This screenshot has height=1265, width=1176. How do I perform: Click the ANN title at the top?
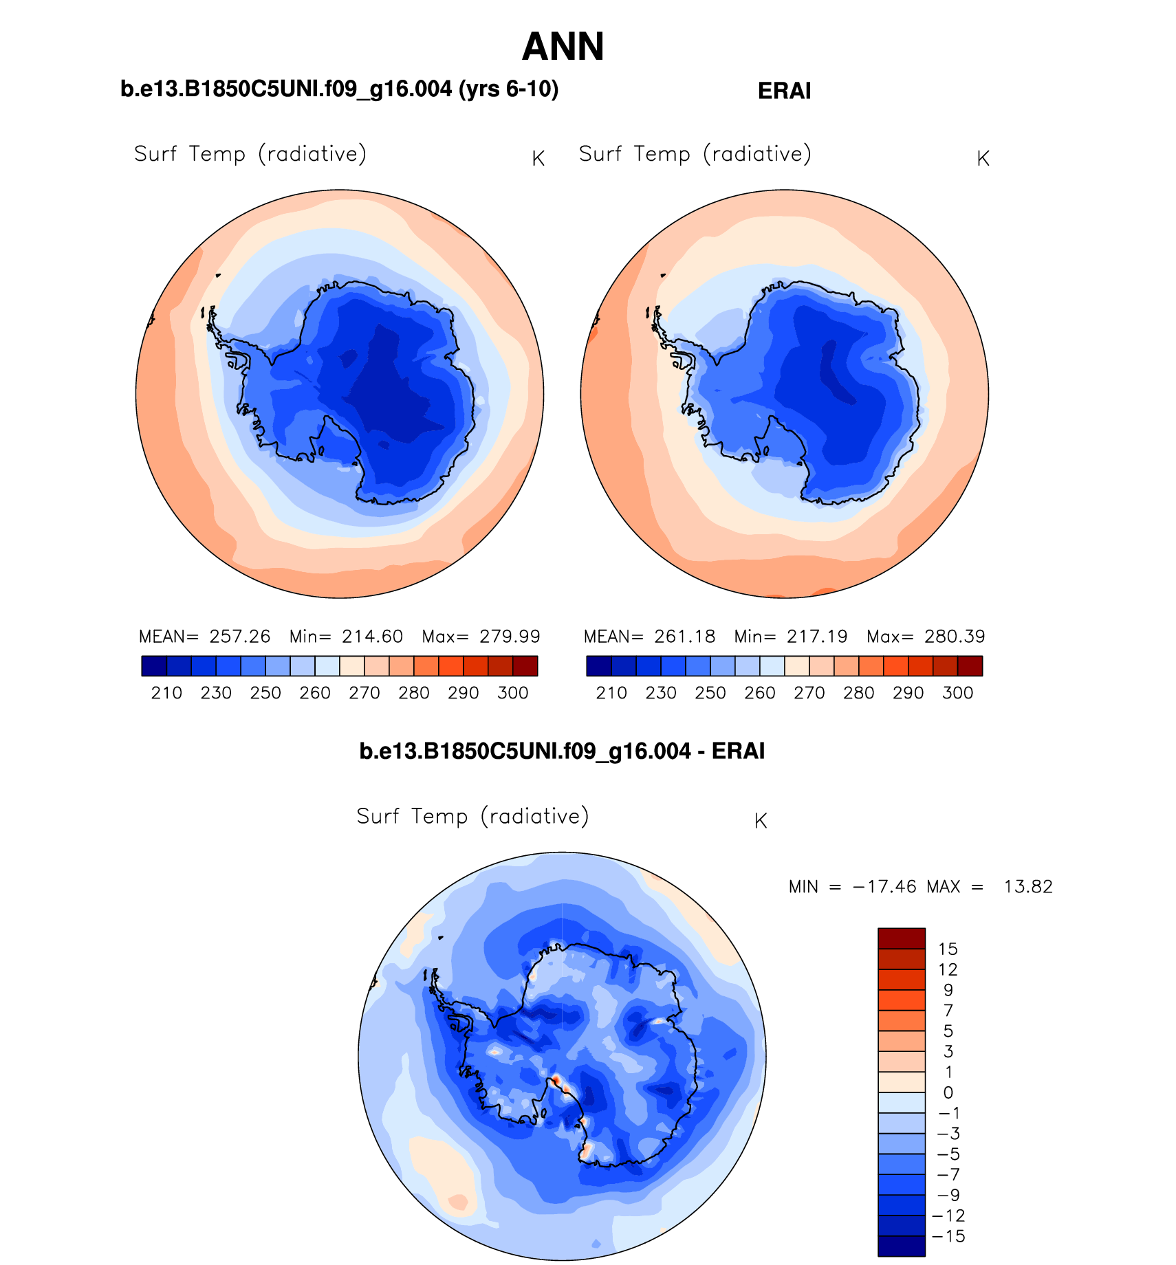click(563, 47)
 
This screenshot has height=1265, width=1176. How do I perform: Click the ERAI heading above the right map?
click(784, 91)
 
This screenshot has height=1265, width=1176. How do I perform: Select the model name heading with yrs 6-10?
click(339, 89)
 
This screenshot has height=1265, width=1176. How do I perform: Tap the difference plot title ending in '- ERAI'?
click(562, 751)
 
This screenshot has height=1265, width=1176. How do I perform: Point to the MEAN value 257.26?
click(240, 637)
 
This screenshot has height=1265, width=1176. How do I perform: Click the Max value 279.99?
click(510, 637)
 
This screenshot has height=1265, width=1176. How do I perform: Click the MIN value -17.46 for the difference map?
click(884, 887)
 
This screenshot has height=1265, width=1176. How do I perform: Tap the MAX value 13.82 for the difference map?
click(1028, 887)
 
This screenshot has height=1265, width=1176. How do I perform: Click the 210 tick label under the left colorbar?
click(166, 693)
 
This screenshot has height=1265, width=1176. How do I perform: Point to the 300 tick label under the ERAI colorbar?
click(957, 693)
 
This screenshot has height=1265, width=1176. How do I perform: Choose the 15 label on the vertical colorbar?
click(948, 949)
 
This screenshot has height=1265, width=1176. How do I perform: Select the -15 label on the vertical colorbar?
click(948, 1236)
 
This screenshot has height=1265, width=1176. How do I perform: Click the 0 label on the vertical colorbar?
click(948, 1093)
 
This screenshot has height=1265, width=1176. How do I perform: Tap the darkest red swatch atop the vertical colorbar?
click(901, 938)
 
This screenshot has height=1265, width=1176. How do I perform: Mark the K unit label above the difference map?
click(761, 821)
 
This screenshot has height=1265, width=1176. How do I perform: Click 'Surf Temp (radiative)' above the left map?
click(250, 154)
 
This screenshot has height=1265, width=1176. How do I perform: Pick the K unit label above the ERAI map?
click(983, 159)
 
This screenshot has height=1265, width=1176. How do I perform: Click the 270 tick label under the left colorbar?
click(364, 693)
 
